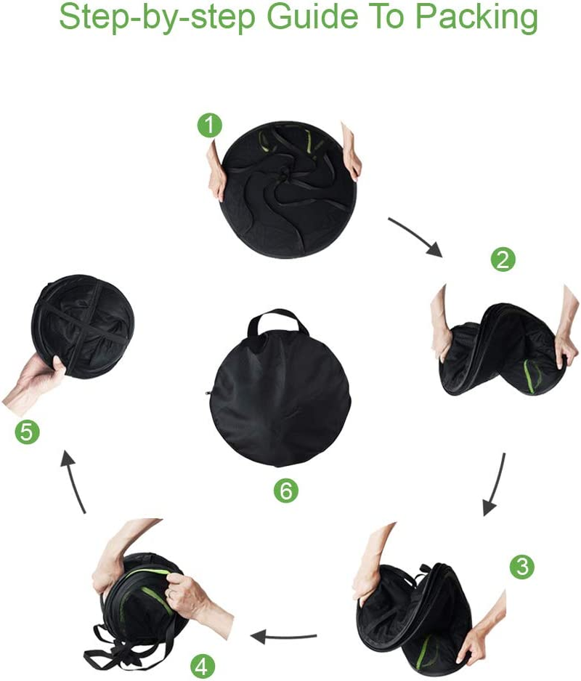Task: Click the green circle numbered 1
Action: [210, 126]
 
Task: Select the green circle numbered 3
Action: [521, 566]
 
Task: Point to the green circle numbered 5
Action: [27, 432]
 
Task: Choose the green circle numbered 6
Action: [285, 491]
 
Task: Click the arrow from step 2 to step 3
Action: [495, 483]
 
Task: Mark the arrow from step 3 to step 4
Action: [284, 637]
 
